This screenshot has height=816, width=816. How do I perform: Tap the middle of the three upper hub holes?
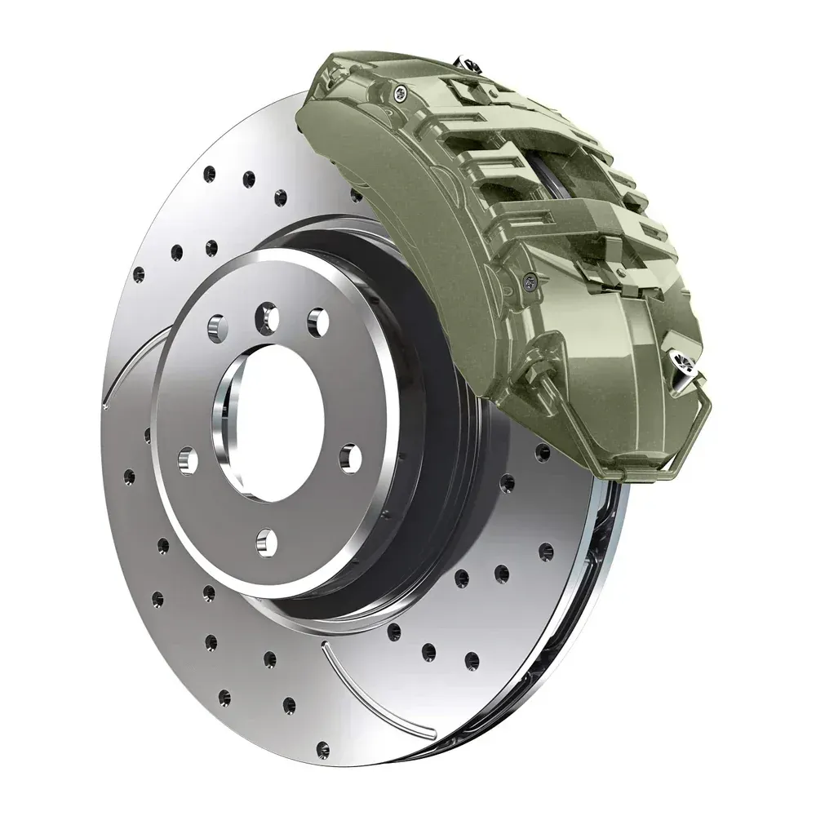point(266,315)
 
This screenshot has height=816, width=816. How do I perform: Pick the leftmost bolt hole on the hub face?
point(188,461)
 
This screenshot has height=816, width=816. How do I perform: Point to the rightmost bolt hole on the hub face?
point(350,457)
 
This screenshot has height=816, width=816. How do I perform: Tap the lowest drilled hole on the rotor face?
point(323,747)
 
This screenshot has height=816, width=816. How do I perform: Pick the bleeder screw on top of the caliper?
point(468,61)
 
